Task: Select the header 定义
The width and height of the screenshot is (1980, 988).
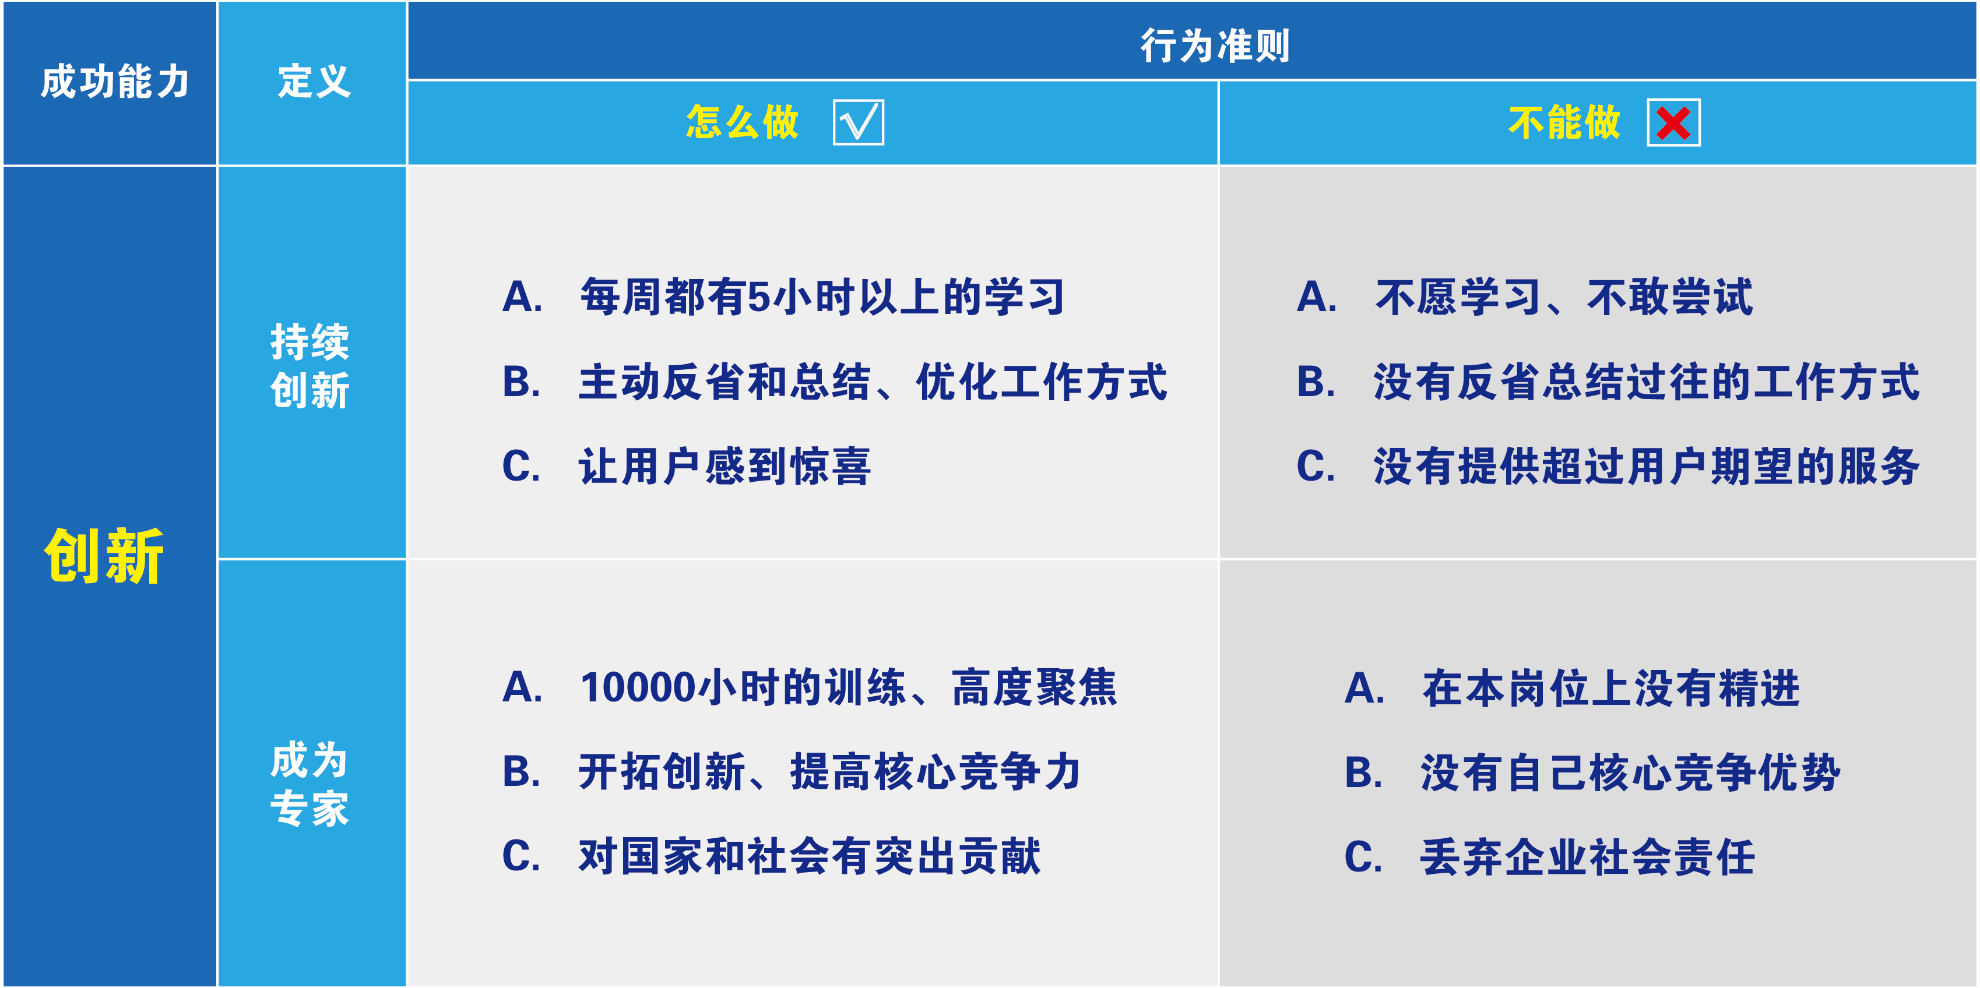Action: click(x=314, y=82)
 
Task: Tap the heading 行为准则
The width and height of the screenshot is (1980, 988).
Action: click(x=1215, y=46)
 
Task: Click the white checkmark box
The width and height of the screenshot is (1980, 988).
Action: click(x=858, y=123)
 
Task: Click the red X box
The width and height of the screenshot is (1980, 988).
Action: click(x=1673, y=123)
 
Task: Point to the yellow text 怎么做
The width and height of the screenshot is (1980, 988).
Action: click(x=743, y=123)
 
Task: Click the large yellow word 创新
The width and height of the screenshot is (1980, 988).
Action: click(x=104, y=556)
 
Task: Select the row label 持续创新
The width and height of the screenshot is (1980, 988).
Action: click(x=310, y=366)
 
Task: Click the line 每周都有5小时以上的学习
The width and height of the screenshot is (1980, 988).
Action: click(x=822, y=297)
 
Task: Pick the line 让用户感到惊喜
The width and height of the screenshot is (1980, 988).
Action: click(x=724, y=467)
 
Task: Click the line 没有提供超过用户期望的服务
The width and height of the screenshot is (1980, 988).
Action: click(x=1647, y=467)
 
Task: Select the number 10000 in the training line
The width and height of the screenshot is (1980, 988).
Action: click(x=638, y=687)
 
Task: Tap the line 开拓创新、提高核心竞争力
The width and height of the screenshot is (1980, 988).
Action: click(x=830, y=772)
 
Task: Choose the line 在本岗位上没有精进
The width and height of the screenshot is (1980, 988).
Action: click(x=1611, y=687)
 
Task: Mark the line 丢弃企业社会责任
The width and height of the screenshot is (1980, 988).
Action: click(x=1588, y=856)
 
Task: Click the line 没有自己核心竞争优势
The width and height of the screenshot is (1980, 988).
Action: click(x=1630, y=772)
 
